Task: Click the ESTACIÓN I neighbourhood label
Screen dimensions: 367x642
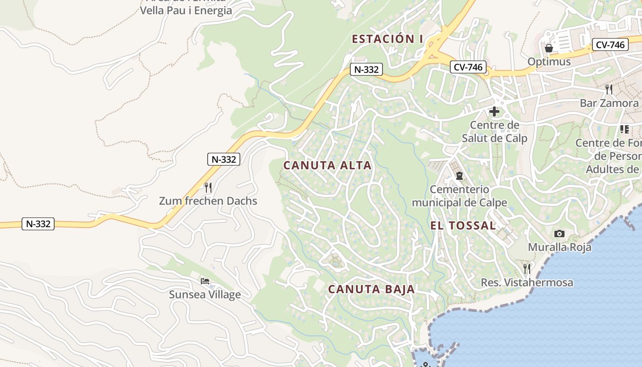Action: [387, 39]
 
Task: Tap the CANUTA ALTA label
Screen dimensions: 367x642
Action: [327, 165]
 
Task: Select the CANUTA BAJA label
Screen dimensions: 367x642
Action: [371, 289]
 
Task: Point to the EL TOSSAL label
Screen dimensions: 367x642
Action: [463, 225]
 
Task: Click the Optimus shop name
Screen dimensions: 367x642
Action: [549, 61]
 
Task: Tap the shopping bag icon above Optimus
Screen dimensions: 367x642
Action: [549, 48]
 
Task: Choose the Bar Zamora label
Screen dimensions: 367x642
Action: [609, 103]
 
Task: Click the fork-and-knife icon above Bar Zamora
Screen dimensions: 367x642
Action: [609, 89]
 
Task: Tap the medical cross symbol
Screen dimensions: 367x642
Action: [494, 111]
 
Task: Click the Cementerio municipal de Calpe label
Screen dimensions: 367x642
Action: [459, 196]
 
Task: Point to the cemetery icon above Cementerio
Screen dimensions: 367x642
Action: [459, 176]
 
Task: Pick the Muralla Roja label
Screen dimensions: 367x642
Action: [559, 247]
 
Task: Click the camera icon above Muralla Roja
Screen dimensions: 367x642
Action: [559, 234]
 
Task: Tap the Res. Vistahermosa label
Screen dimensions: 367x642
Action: [527, 283]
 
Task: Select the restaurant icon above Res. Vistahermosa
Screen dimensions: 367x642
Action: [527, 268]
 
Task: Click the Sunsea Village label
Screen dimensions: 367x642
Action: [205, 295]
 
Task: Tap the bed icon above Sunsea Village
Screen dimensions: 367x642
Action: [205, 281]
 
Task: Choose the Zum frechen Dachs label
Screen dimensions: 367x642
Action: [208, 201]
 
